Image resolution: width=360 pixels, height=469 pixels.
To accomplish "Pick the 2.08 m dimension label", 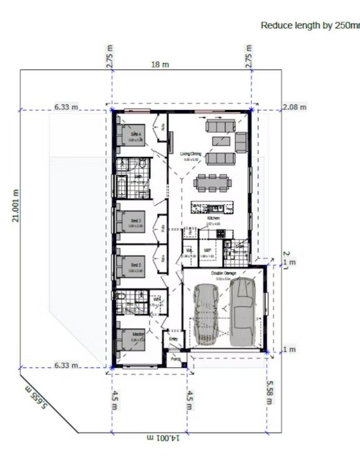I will (294, 107).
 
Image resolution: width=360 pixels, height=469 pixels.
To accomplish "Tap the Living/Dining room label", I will (190, 153).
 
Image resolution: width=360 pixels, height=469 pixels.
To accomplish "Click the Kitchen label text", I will (214, 218).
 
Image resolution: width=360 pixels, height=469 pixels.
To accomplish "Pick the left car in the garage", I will (207, 313).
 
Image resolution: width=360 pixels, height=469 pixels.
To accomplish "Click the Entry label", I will (173, 339).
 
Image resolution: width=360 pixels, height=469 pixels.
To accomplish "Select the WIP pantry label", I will (208, 250).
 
